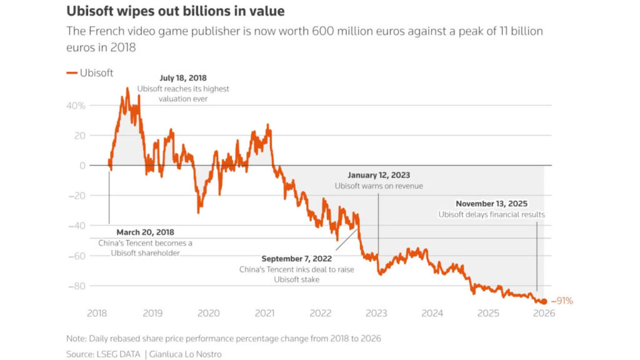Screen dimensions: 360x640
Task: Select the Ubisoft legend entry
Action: [x=90, y=73]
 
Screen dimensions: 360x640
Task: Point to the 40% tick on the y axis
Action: [x=76, y=106]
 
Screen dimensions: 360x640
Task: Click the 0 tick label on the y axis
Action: [x=82, y=166]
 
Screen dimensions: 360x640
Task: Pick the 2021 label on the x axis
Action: [x=264, y=312]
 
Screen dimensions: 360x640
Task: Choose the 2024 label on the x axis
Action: [x=432, y=312]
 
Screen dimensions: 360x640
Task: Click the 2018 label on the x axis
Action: [x=97, y=312]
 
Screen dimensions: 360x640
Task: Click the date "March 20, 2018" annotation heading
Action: [x=146, y=232]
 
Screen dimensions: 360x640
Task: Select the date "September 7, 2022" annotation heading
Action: [x=297, y=259]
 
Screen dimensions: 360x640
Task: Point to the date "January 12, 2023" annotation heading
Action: [x=378, y=176]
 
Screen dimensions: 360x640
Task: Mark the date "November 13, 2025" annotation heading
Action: [x=491, y=204]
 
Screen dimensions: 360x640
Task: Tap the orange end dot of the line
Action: [x=544, y=301]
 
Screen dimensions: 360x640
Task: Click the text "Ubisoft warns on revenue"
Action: [x=378, y=186]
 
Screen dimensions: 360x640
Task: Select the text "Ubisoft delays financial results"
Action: [x=491, y=214]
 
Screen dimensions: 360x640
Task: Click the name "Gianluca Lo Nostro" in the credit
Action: [x=185, y=354]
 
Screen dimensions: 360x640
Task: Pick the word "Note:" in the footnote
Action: [x=77, y=338]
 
